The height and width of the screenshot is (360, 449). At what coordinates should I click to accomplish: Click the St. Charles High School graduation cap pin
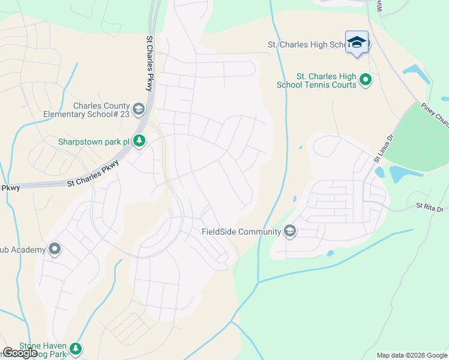coord(357,42)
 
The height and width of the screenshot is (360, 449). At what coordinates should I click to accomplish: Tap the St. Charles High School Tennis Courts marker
coord(364,79)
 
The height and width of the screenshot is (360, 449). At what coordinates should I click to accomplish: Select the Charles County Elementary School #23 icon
coord(139,109)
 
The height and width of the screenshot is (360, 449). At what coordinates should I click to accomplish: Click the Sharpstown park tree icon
coord(139,142)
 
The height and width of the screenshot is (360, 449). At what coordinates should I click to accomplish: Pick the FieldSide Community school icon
coord(290,232)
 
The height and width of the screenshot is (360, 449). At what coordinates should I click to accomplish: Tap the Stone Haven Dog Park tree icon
coord(75,349)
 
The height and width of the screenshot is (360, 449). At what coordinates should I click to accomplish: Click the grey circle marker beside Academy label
coord(55,249)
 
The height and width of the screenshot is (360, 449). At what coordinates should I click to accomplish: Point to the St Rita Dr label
coord(429,208)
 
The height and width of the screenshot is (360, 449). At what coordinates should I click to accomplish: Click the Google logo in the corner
coord(20,353)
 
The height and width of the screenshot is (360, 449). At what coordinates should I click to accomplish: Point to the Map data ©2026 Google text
coord(412,355)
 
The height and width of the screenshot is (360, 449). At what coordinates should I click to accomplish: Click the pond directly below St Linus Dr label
coord(380,172)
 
